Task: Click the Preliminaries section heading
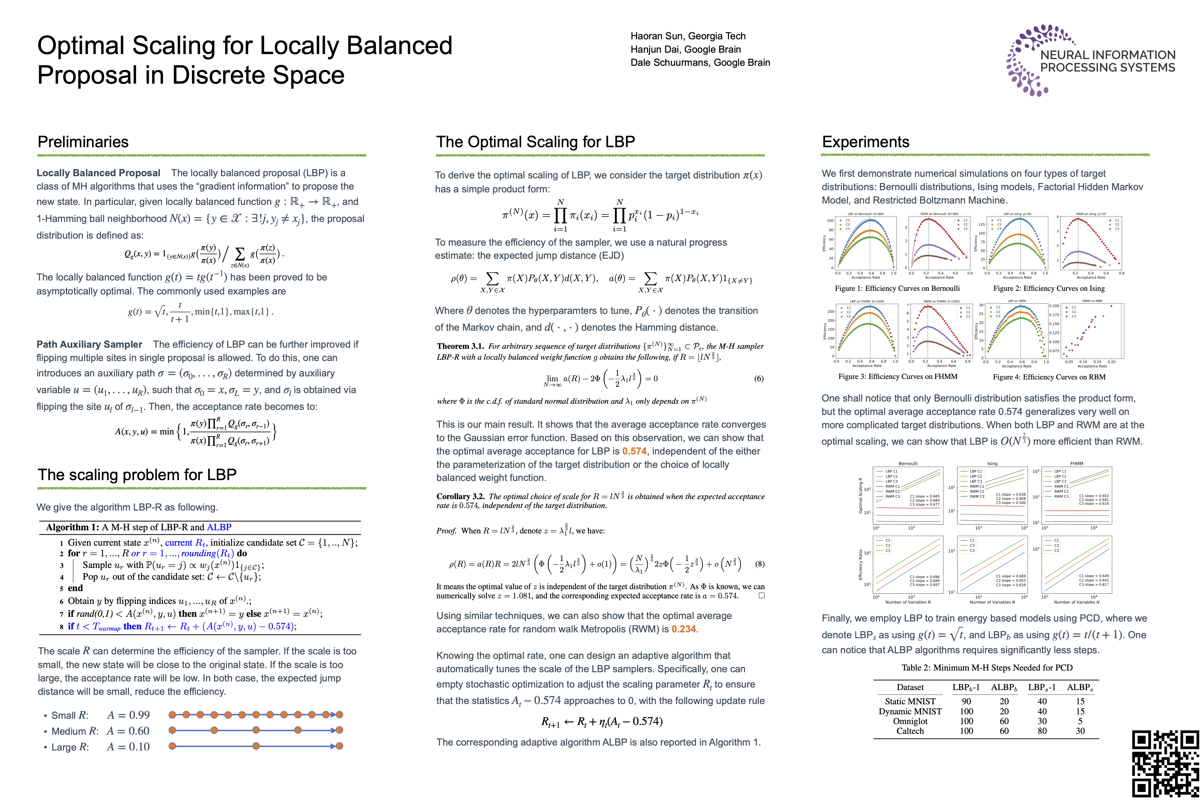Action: tap(83, 142)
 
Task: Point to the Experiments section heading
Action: tap(865, 142)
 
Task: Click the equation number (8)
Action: tap(760, 564)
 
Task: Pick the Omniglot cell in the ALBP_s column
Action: tap(1080, 721)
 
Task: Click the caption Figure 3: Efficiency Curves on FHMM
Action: tap(897, 376)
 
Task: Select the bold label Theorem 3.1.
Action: tap(460, 346)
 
